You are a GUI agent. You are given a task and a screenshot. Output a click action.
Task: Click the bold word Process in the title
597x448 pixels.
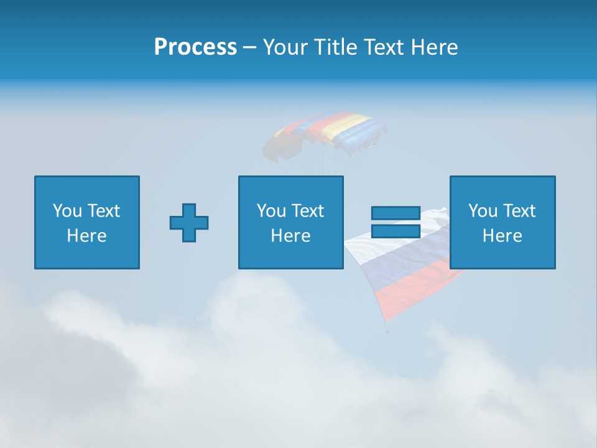pyautogui.click(x=195, y=47)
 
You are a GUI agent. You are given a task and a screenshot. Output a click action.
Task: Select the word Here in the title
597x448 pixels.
pyautogui.click(x=434, y=47)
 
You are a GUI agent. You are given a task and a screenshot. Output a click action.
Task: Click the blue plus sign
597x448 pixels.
pyautogui.click(x=189, y=223)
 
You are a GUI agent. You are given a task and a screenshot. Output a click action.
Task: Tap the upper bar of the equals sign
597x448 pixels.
pyautogui.click(x=396, y=213)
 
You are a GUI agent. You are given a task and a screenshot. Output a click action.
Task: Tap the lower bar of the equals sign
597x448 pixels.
pyautogui.click(x=396, y=231)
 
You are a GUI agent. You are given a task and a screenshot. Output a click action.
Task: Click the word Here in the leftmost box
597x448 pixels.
pyautogui.click(x=86, y=236)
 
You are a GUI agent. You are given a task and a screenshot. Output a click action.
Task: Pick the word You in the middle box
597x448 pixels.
pyautogui.click(x=271, y=211)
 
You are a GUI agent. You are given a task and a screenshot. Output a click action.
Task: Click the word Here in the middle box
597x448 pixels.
pyautogui.click(x=290, y=236)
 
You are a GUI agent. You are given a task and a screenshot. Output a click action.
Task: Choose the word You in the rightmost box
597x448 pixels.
pyautogui.click(x=483, y=211)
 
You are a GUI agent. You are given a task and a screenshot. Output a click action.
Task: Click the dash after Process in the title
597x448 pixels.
pyautogui.click(x=249, y=47)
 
